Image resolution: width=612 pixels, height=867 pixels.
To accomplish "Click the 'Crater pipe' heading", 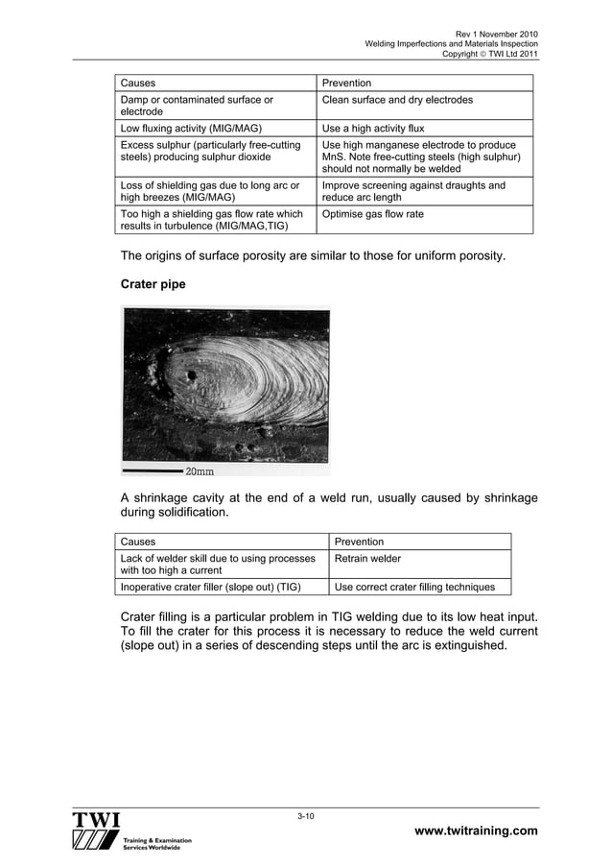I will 155,285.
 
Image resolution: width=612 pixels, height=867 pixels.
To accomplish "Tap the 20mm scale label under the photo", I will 199,471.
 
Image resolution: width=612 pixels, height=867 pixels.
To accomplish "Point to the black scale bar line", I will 152,471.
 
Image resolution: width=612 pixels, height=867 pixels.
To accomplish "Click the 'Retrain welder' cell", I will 366,558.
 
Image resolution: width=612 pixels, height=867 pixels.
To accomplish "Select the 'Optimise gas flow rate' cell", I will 372,214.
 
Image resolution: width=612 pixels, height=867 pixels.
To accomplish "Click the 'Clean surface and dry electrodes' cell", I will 397,100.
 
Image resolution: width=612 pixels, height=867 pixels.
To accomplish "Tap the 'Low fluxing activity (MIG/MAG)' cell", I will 192,128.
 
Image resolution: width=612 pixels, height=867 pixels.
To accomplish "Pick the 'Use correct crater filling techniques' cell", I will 414,586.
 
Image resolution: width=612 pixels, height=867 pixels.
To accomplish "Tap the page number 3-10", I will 306,816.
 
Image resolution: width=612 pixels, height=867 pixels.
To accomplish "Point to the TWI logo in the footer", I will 95,831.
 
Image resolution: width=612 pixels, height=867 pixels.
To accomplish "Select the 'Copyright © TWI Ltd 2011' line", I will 489,54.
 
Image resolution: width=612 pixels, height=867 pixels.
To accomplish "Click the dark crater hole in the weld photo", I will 192,375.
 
